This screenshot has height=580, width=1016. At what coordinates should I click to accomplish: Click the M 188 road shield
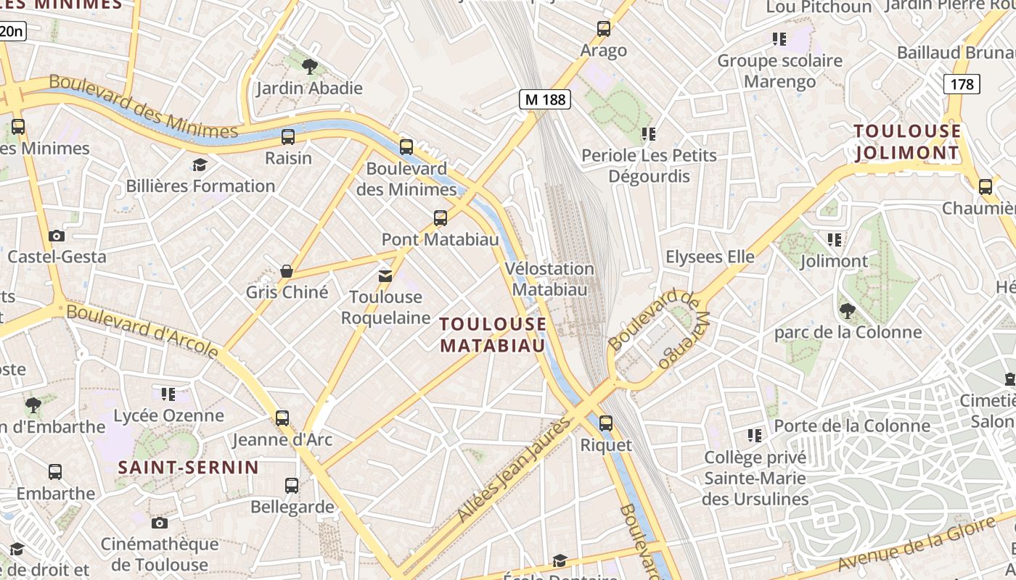[545, 99]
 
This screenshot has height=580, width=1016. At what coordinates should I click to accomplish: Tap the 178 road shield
[962, 84]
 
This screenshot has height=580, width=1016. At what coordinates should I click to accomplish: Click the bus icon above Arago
[603, 29]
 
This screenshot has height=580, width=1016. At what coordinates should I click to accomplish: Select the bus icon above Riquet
[605, 423]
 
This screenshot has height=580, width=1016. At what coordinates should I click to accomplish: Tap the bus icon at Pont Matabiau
[440, 217]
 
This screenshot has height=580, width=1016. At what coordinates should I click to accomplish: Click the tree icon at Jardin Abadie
[310, 67]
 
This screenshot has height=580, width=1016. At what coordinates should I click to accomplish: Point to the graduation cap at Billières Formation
[200, 165]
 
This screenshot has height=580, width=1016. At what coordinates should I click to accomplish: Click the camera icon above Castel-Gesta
[57, 236]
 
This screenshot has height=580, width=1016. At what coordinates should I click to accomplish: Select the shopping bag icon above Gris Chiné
[287, 272]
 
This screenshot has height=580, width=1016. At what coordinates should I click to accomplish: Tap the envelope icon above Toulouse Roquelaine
[385, 275]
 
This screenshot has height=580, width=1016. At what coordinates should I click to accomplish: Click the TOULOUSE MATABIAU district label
[493, 334]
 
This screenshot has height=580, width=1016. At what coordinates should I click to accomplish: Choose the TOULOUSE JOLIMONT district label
[907, 142]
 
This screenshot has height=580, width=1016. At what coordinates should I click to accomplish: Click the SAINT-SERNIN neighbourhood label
[189, 467]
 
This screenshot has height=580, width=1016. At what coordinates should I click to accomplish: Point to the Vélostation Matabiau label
[549, 279]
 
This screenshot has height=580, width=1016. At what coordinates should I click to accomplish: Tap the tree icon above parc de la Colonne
[846, 312]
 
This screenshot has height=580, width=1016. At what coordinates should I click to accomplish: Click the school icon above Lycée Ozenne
[168, 394]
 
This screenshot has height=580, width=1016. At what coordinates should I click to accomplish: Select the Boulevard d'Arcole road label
[142, 331]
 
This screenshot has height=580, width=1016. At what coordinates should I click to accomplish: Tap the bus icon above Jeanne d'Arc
[282, 418]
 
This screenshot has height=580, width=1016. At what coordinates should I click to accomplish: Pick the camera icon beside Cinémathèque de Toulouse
[160, 523]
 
